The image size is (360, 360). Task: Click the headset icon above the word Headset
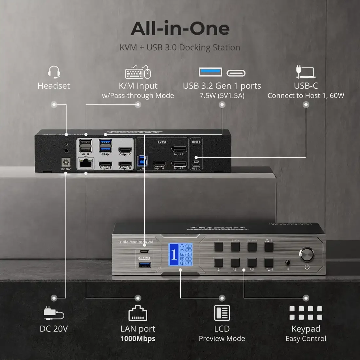coord(54,72)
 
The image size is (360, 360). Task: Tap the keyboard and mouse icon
coord(138,72)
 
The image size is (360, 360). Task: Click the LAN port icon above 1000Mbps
coord(138,313)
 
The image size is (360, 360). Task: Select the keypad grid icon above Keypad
coord(306,313)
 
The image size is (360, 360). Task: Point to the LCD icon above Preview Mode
coord(222,313)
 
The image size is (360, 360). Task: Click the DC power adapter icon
coord(54,313)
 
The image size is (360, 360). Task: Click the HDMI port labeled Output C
coord(125,150)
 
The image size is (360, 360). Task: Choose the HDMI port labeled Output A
coord(105,164)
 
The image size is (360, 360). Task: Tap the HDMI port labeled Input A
coord(159,164)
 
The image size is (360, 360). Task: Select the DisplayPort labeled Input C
coord(179,150)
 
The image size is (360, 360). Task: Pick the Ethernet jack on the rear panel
coord(86,163)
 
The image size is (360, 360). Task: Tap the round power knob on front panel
coord(306,254)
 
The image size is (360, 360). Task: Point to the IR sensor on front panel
coord(287,263)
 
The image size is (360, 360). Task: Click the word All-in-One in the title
coord(180,28)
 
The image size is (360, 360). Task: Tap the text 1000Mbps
coord(138,338)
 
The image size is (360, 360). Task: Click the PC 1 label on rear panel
coord(196,142)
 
